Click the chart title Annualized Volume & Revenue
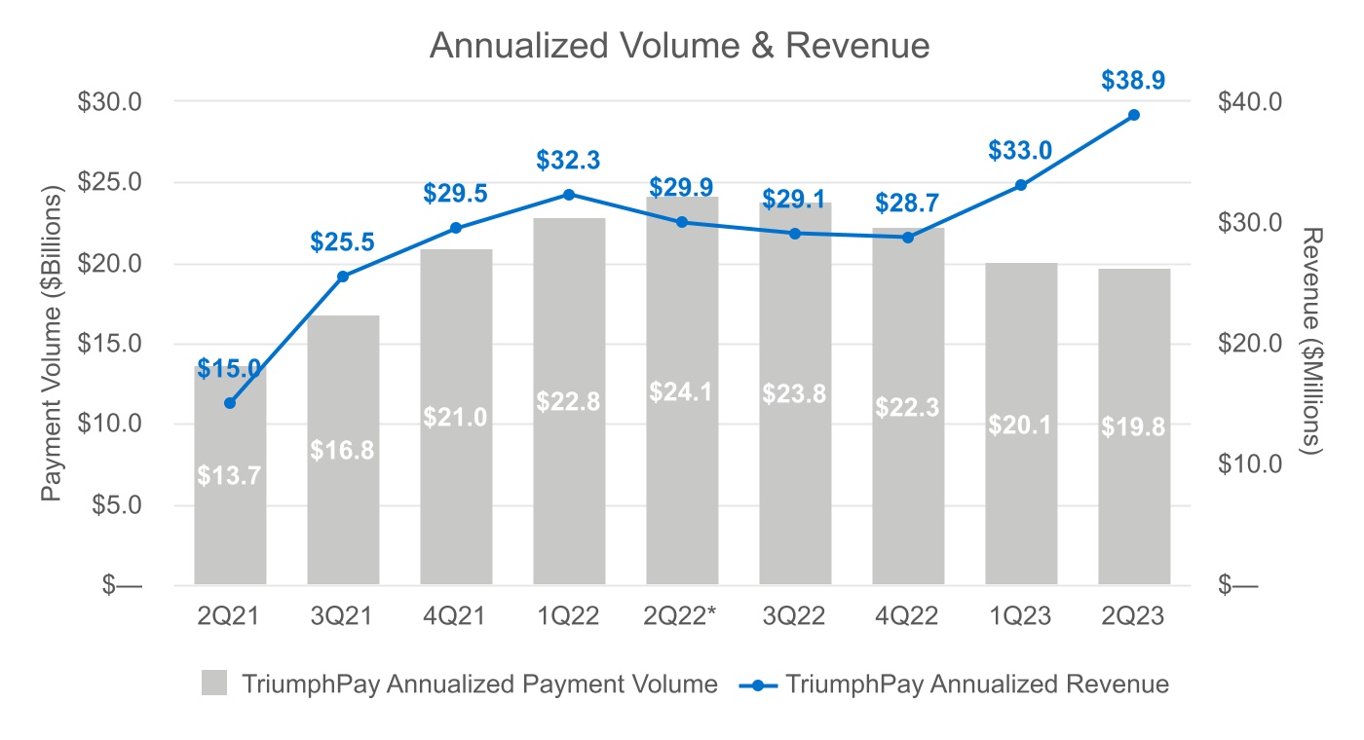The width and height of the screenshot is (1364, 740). click(679, 47)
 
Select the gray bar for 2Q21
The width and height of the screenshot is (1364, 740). click(230, 526)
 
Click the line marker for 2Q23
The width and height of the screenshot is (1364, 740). click(1133, 115)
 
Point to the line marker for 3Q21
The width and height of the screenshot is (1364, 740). click(343, 277)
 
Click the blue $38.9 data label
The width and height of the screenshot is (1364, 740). click(1133, 81)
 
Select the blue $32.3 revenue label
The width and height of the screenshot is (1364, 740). click(568, 161)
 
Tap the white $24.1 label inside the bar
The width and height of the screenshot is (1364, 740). click(681, 392)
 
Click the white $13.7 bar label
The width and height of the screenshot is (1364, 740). click(229, 475)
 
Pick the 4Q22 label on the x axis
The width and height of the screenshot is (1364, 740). click(907, 616)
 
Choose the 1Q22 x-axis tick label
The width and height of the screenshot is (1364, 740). click(568, 616)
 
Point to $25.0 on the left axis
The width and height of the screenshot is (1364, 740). click(110, 182)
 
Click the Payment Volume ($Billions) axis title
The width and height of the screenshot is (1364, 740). click(52, 343)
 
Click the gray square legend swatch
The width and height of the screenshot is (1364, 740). click(214, 684)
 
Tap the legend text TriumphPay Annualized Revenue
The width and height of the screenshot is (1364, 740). click(976, 684)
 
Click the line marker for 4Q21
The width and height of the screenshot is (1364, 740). click(456, 228)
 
